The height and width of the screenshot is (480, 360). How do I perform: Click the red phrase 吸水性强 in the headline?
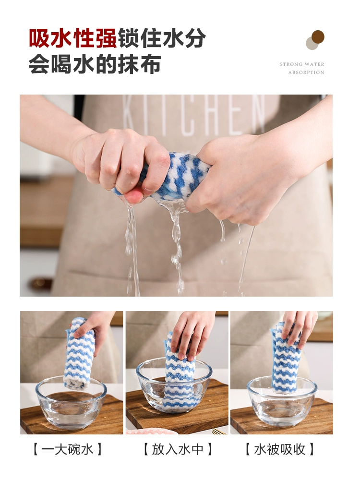(73, 38)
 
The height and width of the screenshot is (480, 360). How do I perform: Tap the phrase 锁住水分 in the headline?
(162, 38)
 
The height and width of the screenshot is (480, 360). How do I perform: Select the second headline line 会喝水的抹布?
(95, 64)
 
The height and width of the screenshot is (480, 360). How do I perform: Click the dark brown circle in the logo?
(318, 37)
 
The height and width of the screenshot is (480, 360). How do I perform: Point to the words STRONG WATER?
(302, 64)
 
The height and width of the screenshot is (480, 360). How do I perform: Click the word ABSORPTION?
(306, 72)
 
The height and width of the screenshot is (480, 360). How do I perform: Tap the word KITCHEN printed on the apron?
(194, 115)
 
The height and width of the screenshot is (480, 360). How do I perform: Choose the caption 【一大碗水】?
(67, 449)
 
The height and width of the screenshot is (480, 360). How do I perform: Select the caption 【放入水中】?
(178, 449)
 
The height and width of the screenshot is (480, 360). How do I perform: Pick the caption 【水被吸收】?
(280, 449)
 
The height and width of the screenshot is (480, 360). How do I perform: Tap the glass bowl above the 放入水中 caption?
(174, 386)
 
